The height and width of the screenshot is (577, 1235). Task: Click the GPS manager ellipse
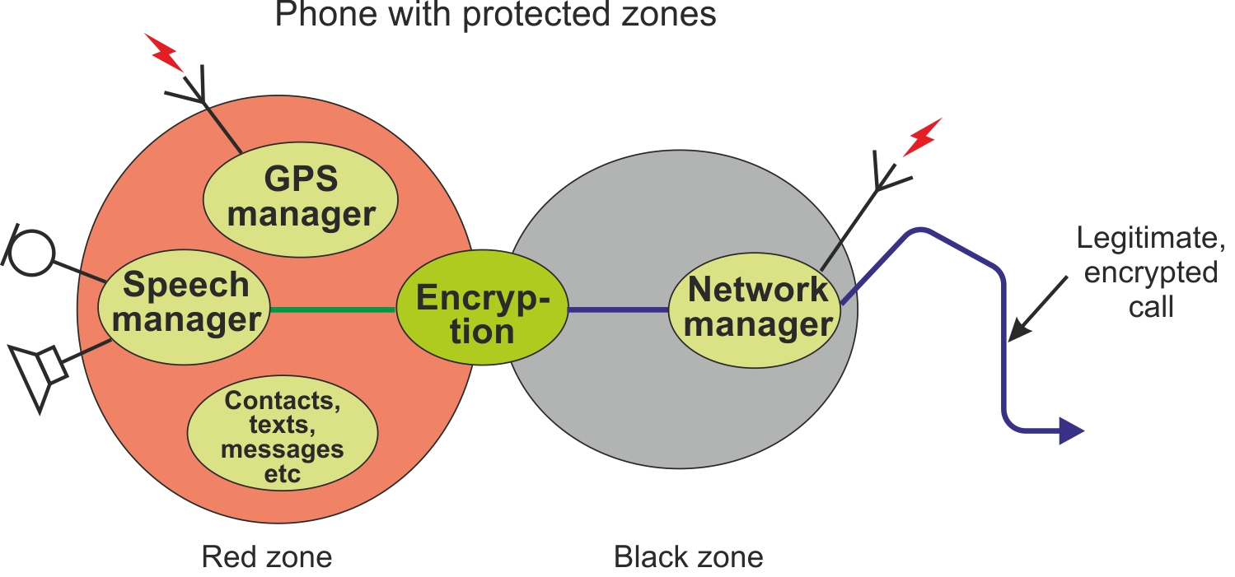(301, 197)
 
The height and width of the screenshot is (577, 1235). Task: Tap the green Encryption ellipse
(482, 314)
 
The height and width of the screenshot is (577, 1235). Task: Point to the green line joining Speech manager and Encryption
(333, 309)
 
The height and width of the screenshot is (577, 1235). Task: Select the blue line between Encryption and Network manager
(618, 310)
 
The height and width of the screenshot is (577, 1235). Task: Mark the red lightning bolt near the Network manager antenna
(922, 137)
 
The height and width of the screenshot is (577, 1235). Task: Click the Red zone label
(266, 557)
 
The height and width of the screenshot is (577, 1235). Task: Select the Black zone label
(689, 557)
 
